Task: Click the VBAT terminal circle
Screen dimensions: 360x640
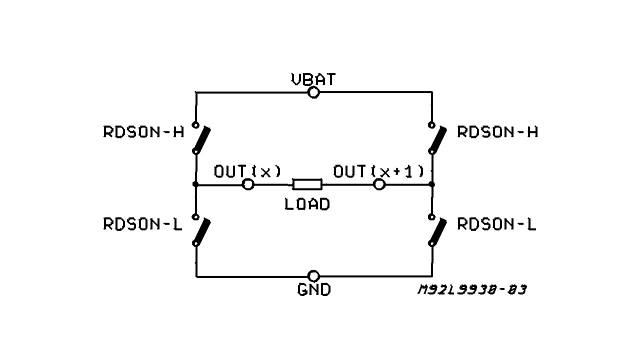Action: [x=313, y=92]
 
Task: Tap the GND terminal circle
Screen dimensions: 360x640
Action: [x=313, y=276]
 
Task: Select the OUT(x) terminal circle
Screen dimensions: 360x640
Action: [x=248, y=184]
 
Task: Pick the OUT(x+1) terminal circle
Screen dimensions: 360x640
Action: [x=379, y=184]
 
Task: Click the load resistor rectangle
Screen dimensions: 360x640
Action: [x=307, y=184]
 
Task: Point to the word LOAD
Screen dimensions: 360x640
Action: [x=307, y=204]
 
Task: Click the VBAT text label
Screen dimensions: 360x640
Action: [x=313, y=79]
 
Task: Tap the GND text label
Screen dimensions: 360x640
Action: [x=314, y=289]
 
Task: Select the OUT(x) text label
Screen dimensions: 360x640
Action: [x=247, y=171]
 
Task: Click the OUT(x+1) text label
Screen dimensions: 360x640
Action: [x=378, y=171]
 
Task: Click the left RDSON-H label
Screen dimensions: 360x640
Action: [x=143, y=132]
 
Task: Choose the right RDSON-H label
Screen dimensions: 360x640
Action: [x=497, y=132]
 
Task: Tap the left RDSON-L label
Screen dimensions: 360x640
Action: [x=143, y=224]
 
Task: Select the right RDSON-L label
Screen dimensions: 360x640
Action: [x=496, y=224]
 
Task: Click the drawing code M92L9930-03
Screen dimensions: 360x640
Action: [x=471, y=290]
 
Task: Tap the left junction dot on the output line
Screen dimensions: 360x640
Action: [x=195, y=184]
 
